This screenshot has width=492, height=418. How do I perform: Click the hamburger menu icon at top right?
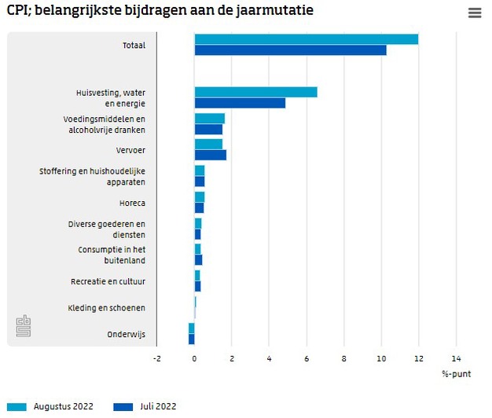474,13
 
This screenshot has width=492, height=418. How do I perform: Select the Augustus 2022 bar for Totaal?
306,39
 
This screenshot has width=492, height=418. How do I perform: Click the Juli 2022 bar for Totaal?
290,50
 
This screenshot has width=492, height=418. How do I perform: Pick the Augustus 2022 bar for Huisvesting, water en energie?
255,92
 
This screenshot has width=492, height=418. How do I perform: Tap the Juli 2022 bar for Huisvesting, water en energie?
240,103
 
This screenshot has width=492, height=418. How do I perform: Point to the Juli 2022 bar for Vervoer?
210,155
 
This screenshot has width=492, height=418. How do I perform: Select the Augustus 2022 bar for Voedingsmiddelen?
209,119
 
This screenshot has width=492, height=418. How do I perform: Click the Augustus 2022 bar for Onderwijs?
191,328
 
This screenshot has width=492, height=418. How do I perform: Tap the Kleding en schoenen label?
106,308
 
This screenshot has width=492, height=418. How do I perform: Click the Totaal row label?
133,46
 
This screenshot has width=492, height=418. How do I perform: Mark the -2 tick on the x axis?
156,358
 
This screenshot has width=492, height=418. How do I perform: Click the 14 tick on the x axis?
456,358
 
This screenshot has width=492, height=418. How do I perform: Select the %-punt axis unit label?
456,374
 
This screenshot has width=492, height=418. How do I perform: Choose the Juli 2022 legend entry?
145,406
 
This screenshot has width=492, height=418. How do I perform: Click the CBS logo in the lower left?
24,326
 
